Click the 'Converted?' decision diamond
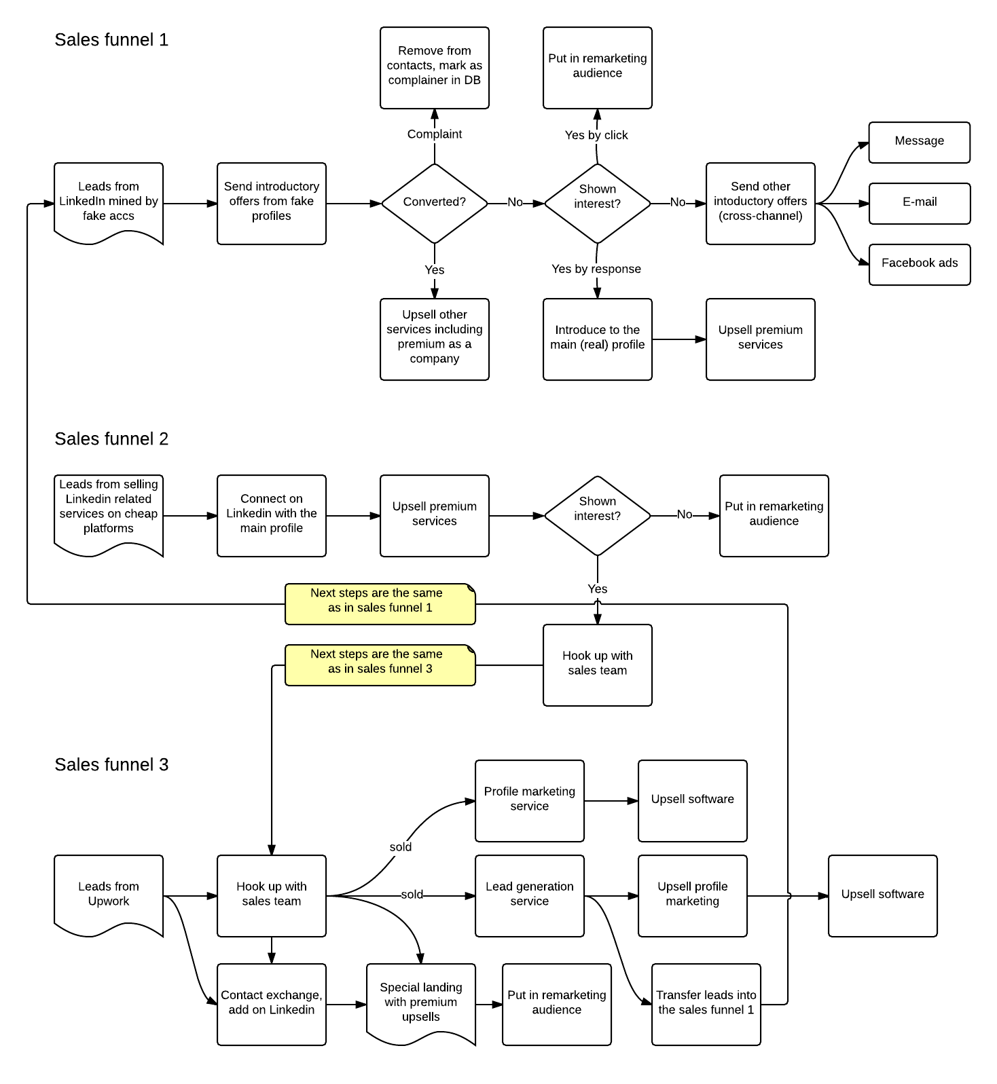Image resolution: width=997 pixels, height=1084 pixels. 435,203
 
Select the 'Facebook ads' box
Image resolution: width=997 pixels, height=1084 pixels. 920,264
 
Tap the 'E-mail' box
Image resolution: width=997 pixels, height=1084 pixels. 920,203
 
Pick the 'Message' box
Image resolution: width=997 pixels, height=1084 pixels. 920,142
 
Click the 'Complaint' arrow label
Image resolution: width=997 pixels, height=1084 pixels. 435,134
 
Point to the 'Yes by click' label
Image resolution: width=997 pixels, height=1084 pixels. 596,135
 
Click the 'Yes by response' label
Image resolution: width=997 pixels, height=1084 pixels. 596,269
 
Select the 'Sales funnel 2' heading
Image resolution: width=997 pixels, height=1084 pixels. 111,439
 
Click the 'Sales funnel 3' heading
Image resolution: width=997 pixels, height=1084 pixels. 111,765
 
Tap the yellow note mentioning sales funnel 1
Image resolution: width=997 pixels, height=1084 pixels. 380,603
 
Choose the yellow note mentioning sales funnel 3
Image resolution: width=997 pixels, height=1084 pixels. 380,665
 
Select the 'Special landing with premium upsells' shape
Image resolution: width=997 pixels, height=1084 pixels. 421,1003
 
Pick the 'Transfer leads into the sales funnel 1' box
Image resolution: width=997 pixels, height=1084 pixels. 706,1004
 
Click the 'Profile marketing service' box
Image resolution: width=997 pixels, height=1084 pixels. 530,800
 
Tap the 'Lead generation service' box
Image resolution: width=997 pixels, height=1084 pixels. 530,895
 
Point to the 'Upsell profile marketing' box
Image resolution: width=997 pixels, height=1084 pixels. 693,895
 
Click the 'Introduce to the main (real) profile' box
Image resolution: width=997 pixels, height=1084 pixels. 598,339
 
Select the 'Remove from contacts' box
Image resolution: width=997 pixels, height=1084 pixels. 435,67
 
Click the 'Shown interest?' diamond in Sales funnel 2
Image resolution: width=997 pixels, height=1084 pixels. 598,515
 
